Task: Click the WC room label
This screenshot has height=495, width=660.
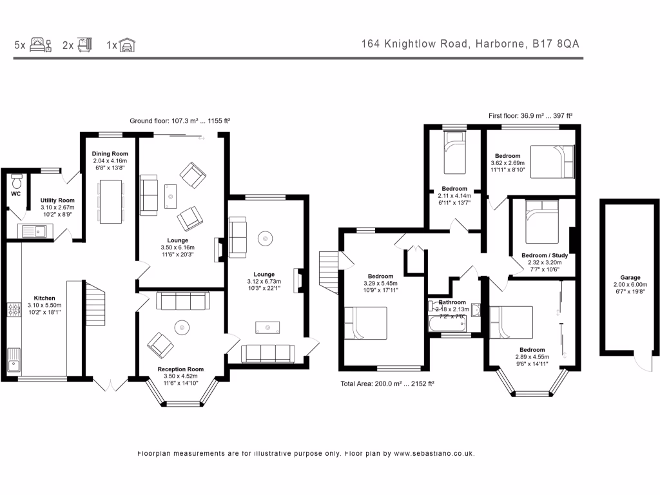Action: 16,193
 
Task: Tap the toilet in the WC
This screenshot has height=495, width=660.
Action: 17,179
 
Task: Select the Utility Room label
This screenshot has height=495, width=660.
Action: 57,200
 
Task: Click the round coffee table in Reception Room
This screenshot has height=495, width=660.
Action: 182,328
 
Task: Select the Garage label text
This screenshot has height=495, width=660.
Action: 630,277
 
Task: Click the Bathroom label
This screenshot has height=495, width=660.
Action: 452,302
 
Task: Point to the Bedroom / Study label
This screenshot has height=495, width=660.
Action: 545,255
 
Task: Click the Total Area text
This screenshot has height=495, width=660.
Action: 387,384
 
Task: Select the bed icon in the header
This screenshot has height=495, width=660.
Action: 40,45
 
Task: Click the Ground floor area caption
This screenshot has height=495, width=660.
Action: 180,121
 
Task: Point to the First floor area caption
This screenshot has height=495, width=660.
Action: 530,116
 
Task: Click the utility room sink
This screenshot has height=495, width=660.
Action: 33,230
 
